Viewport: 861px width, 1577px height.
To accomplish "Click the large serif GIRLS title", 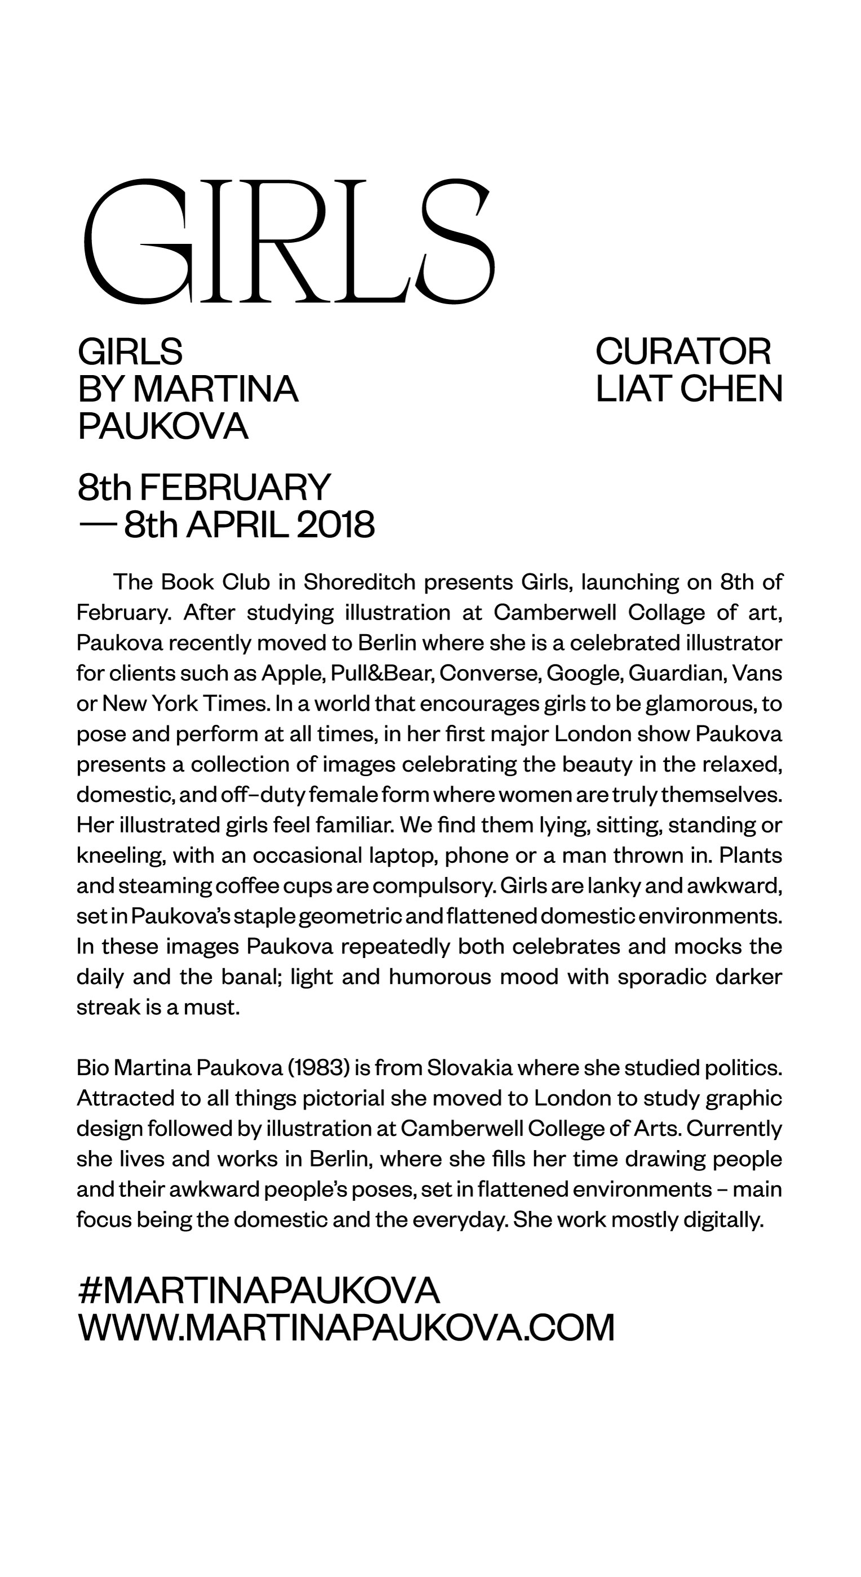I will point(288,242).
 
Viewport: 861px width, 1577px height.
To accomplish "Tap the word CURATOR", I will point(683,351).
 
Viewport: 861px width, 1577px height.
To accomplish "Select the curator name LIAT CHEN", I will point(689,389).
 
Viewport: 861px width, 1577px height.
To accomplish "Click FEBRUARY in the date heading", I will point(235,487).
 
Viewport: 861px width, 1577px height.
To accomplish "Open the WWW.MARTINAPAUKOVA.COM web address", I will point(346,1327).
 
